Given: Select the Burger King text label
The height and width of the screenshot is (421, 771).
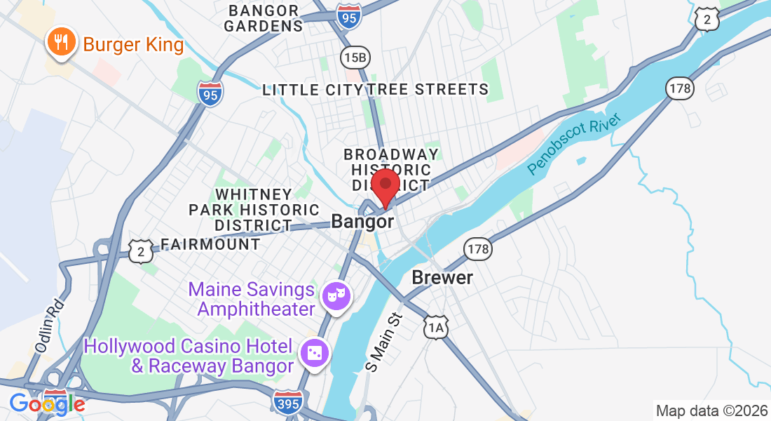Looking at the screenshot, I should (133, 46).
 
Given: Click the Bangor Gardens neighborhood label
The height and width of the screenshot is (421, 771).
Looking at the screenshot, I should (266, 19).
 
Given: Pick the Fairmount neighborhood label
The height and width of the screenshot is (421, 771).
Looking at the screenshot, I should (210, 244).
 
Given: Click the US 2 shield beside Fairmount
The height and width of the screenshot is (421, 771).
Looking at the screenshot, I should (141, 250).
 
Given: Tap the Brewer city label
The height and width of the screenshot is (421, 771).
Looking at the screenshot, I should (442, 277).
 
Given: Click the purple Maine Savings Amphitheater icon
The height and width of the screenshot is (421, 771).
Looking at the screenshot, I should (335, 295).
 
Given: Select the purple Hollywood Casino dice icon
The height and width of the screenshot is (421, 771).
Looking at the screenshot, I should (314, 353).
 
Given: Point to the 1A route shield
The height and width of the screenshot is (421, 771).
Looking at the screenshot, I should (435, 327).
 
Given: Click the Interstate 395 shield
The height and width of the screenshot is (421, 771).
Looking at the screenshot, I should (288, 401).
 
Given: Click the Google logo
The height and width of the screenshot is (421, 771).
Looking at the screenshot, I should (46, 403).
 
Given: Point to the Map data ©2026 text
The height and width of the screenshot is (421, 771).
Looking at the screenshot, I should (711, 410).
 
